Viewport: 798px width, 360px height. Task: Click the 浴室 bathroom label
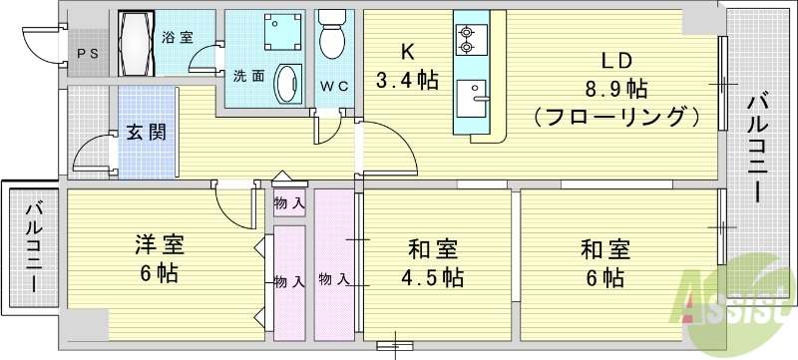(x=178, y=37)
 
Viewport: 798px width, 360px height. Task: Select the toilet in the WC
(x=332, y=37)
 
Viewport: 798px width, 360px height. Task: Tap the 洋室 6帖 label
(x=160, y=257)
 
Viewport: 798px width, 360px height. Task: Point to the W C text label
(x=333, y=86)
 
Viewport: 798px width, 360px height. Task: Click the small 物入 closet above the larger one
(x=290, y=203)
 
